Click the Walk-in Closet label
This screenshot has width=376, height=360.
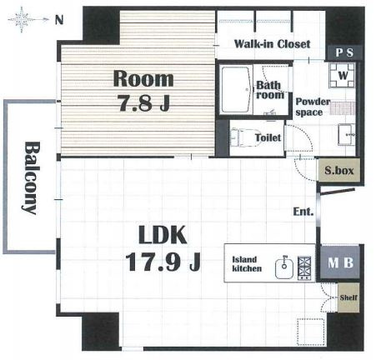point(272,44)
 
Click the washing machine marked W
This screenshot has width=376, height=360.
point(342,75)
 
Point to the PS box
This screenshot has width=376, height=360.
point(344,52)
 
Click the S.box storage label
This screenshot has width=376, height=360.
point(339,170)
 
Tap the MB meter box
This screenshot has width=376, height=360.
point(340,262)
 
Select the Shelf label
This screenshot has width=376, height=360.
point(348,297)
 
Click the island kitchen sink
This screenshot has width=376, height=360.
point(284,267)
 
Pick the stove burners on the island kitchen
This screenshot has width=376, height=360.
point(304,267)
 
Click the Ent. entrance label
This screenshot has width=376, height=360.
point(303,212)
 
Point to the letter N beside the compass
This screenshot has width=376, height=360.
point(59,20)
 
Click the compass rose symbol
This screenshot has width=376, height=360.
point(22,19)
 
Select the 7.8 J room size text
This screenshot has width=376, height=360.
point(144,102)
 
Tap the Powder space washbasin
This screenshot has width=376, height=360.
point(347,135)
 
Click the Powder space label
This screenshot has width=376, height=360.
point(313,107)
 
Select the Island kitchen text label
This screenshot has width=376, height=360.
point(247,264)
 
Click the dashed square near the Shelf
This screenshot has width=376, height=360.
point(311,332)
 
